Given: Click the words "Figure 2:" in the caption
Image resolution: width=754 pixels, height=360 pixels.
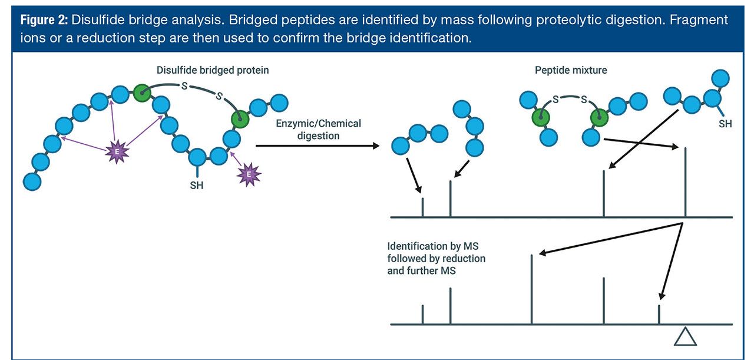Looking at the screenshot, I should pyautogui.click(x=44, y=20).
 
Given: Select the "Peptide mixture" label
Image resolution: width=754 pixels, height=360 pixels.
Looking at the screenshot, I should pyautogui.click(x=570, y=70).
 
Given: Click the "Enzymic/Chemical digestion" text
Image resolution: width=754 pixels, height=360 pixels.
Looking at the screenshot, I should pyautogui.click(x=318, y=130).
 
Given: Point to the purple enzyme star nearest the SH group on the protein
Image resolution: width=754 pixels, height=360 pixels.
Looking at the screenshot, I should pyautogui.click(x=249, y=174).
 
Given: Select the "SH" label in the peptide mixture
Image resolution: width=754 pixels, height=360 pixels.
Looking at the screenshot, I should pyautogui.click(x=726, y=125).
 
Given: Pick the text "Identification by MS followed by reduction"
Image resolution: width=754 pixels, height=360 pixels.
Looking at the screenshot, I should pyautogui.click(x=436, y=252).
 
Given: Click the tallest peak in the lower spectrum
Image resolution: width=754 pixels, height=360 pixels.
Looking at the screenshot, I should pyautogui.click(x=532, y=289).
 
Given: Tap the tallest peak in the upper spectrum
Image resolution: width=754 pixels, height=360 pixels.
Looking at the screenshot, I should pyautogui.click(x=685, y=182).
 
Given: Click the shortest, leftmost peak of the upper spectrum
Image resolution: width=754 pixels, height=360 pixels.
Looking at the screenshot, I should pyautogui.click(x=423, y=207).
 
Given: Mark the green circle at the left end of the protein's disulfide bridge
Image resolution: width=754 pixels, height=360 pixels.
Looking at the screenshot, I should pyautogui.click(x=141, y=93).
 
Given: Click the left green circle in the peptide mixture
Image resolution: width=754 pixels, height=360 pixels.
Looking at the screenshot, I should pyautogui.click(x=541, y=117).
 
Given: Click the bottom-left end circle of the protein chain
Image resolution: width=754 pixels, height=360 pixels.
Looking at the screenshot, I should pyautogui.click(x=32, y=181).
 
